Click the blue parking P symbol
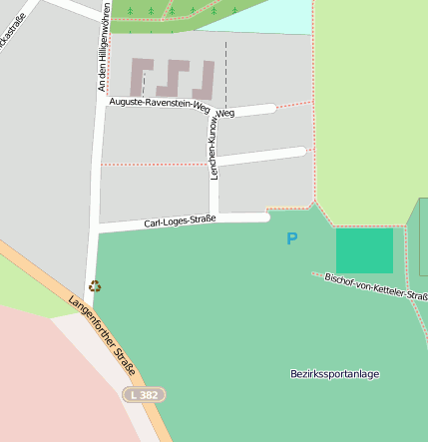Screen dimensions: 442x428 291,239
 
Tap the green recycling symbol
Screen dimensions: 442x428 94,285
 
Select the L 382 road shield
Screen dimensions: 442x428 144,395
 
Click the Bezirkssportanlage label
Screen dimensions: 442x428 335,374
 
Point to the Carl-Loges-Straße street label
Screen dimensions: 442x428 180,221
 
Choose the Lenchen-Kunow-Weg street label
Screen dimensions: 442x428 214,146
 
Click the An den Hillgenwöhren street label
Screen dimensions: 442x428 104,48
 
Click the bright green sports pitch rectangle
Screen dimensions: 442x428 364,250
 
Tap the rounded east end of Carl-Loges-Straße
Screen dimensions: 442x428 264,217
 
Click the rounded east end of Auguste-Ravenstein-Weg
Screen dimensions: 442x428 270,108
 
